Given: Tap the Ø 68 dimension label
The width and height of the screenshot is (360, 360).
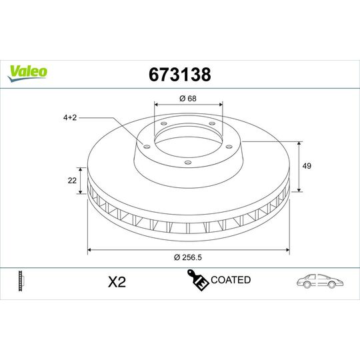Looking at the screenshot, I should (187, 98).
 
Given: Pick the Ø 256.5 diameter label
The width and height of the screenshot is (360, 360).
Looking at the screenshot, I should (187, 257).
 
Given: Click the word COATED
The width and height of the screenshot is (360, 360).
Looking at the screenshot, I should (231, 280).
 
